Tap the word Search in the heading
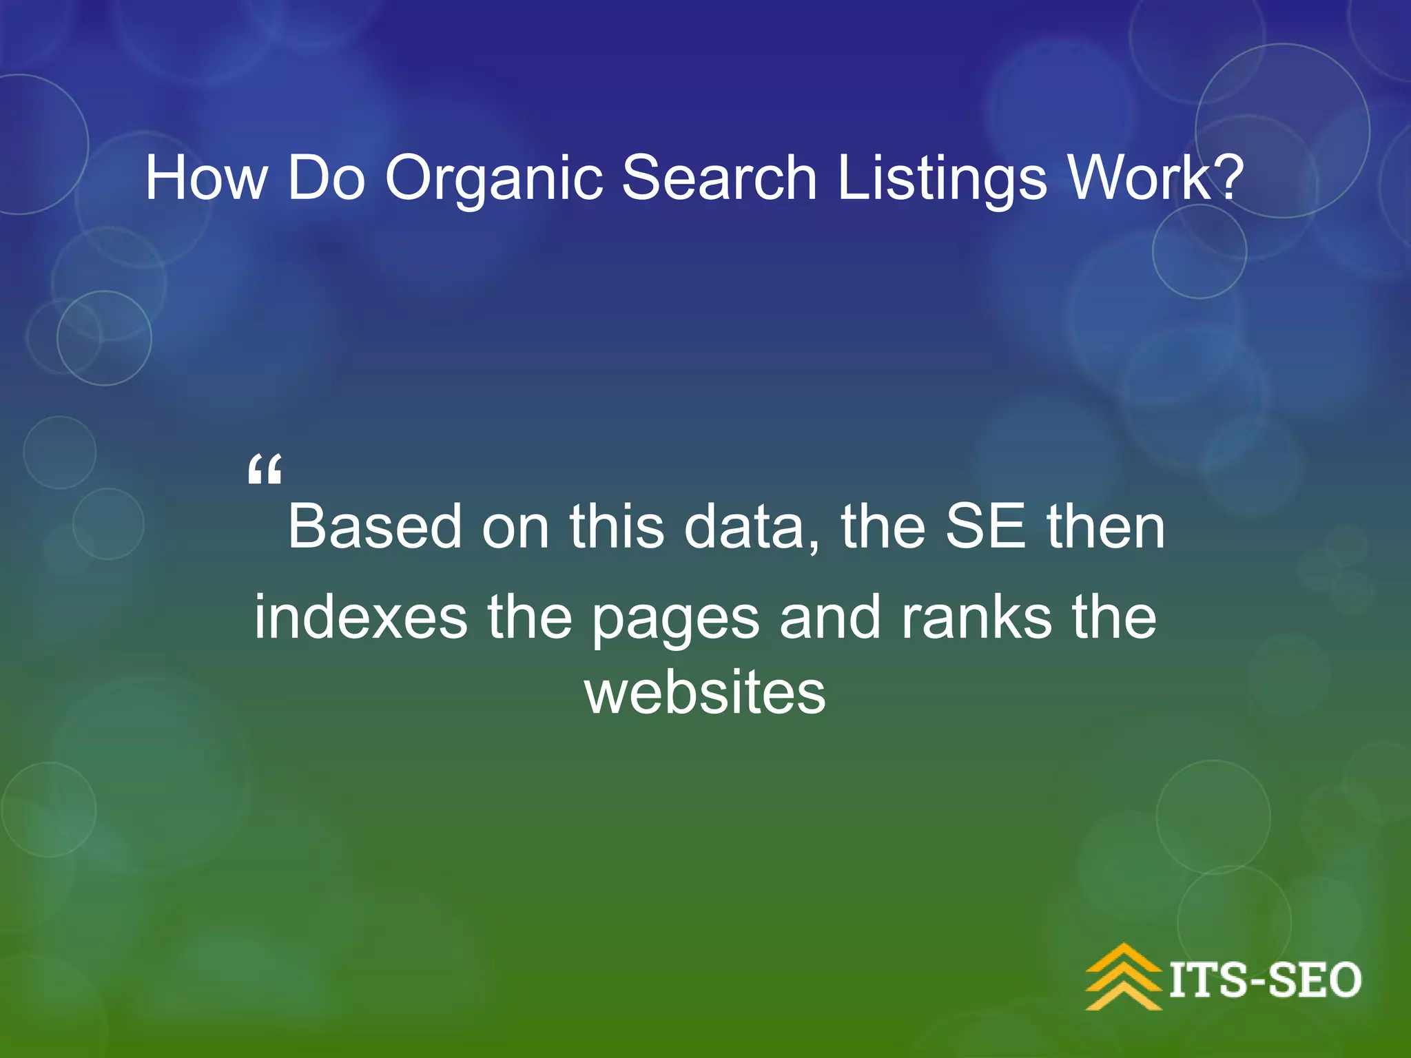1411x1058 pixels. tap(719, 178)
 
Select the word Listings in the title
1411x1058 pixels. tap(942, 179)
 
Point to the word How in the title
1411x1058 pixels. tap(205, 178)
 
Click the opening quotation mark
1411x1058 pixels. tap(265, 470)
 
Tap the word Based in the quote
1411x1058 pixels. tap(375, 527)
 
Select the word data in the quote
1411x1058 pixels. tap(751, 527)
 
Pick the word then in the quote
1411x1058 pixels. tap(1106, 527)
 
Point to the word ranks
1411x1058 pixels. tap(976, 617)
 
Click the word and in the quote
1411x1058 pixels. tap(830, 617)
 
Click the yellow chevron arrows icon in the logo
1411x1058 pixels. tap(1124, 977)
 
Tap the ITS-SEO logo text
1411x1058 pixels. tap(1265, 980)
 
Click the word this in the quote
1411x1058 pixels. tap(616, 527)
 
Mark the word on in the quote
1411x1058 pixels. tap(515, 527)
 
